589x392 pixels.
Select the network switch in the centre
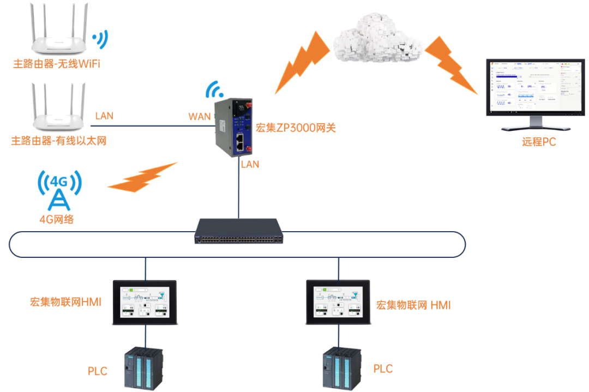coord(239,231)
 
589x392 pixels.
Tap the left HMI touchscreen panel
coord(145,301)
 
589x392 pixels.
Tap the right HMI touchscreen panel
coord(338,301)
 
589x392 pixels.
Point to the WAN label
coord(199,117)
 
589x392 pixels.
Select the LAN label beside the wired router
coord(104,116)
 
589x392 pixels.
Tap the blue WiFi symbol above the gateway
coord(214,89)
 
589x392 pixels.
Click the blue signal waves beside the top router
coord(99,39)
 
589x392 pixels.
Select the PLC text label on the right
coord(383,369)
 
